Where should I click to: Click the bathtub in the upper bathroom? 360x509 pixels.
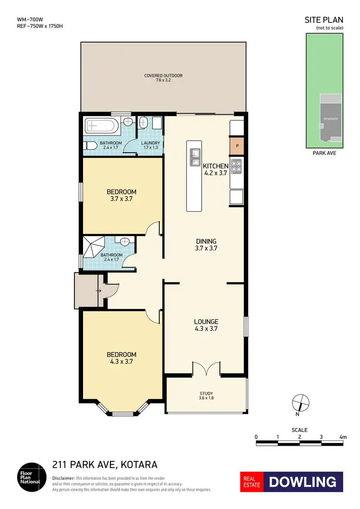[x=100, y=127]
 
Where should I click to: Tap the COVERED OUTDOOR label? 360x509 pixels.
[x=163, y=76]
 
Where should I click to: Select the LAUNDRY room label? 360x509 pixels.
[x=150, y=143]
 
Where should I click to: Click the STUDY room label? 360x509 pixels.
[x=206, y=393]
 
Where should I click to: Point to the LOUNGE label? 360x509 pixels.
[x=206, y=321]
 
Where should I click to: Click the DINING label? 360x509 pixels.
[x=206, y=241]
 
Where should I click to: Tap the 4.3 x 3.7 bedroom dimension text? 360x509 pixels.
[x=121, y=362]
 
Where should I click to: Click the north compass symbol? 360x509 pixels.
[x=299, y=401]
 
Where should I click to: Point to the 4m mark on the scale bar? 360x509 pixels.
[x=343, y=437]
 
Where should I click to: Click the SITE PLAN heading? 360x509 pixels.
[x=324, y=20]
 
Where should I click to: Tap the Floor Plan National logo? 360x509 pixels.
[x=32, y=475]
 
